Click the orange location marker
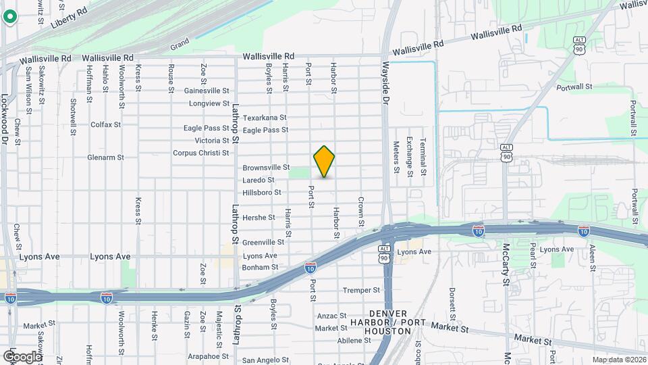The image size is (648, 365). (324, 162)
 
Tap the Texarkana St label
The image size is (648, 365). (265, 118)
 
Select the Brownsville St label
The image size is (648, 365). (266, 167)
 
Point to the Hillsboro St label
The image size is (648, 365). (261, 193)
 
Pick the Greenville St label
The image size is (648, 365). (263, 242)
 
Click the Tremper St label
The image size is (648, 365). (362, 290)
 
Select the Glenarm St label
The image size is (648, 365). (105, 157)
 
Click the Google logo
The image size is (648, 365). (22, 356)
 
